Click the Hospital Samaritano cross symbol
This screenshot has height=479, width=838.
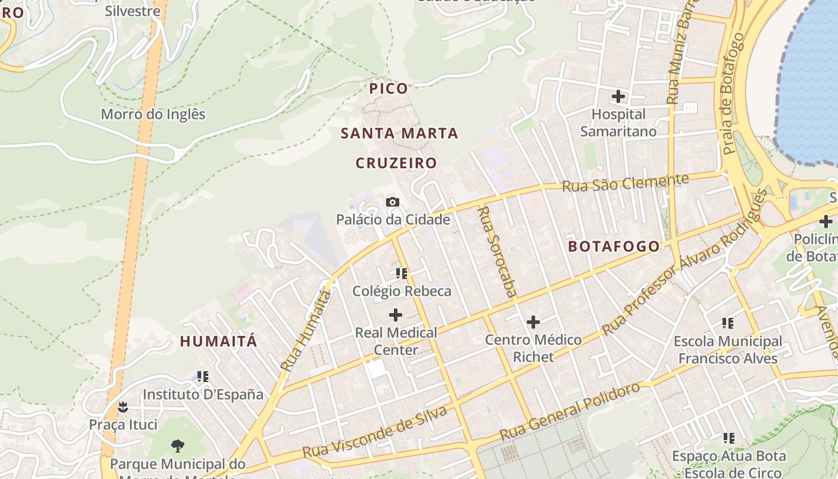pyautogui.click(x=618, y=96)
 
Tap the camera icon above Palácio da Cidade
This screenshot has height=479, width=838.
pyautogui.click(x=393, y=202)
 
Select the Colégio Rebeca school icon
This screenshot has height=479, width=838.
pyautogui.click(x=401, y=274)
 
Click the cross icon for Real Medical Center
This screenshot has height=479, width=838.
pyautogui.click(x=396, y=314)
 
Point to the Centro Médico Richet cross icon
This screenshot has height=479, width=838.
pyautogui.click(x=533, y=322)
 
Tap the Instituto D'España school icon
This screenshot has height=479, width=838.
pyautogui.click(x=203, y=377)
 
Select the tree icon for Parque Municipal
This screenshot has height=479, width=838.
pyautogui.click(x=177, y=445)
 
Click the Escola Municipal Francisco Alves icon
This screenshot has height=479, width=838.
pyautogui.click(x=728, y=323)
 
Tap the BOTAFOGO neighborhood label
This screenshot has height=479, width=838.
pyautogui.click(x=614, y=246)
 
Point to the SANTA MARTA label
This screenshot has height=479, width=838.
pyautogui.click(x=399, y=133)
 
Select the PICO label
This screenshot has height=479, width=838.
pyautogui.click(x=388, y=89)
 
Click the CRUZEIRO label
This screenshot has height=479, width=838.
pyautogui.click(x=396, y=163)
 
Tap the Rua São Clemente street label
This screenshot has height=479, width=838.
pyautogui.click(x=625, y=183)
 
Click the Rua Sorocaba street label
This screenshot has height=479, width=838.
pyautogui.click(x=497, y=251)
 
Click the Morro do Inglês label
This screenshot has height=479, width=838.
pyautogui.click(x=153, y=114)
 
